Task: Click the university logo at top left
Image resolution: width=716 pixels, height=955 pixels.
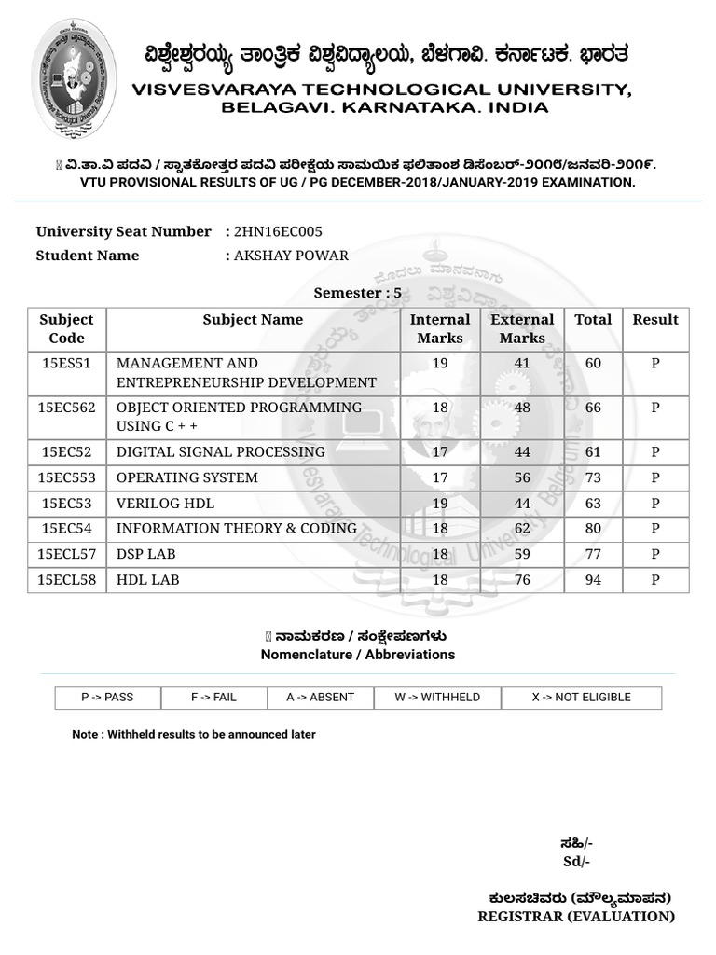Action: tap(75, 78)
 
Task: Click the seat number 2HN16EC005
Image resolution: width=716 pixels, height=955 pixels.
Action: tap(279, 231)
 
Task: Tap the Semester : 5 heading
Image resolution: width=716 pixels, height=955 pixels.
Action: tap(357, 293)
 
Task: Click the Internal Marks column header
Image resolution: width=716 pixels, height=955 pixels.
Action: tap(440, 328)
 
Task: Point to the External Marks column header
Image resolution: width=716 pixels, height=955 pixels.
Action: tap(522, 328)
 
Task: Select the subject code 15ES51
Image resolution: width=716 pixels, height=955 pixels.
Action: tap(66, 363)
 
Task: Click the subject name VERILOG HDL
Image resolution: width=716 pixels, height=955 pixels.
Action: tap(165, 504)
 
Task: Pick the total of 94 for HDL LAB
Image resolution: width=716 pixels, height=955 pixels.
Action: tap(593, 580)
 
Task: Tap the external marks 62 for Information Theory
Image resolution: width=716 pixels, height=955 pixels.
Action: tap(521, 529)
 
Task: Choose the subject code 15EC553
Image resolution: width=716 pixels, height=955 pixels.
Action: tap(66, 477)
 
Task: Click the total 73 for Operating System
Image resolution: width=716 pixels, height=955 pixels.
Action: tap(593, 477)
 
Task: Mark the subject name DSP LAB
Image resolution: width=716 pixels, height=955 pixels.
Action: tap(145, 554)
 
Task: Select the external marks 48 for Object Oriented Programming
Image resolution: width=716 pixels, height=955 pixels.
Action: tap(521, 408)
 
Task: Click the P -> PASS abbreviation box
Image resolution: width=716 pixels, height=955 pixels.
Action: tap(107, 698)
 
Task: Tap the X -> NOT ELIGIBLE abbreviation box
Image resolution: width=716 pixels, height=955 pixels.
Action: tap(581, 698)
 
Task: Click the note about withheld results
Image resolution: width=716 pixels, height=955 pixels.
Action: tap(194, 735)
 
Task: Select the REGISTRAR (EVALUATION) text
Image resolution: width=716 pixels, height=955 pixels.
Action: tap(575, 917)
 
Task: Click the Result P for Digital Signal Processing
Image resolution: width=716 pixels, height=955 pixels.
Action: tap(655, 452)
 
